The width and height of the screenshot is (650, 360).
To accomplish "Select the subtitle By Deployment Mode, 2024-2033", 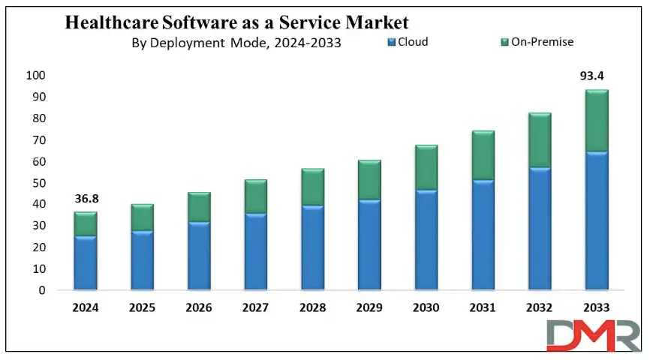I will (x=236, y=43).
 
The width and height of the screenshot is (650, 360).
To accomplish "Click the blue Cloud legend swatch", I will (x=391, y=43).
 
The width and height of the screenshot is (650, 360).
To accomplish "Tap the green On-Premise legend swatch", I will (x=504, y=43).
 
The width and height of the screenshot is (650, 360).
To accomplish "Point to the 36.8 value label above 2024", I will (x=86, y=199).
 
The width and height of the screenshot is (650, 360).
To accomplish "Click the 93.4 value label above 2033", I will (x=597, y=76).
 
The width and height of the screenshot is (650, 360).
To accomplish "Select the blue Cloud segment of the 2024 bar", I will (x=86, y=262).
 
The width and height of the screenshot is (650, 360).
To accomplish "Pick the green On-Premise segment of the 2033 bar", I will (x=597, y=121).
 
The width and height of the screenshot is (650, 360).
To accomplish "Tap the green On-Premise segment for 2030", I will (x=426, y=167).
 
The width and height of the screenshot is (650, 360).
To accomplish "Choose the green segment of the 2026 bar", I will (x=199, y=207).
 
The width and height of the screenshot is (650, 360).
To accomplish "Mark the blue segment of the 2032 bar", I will (x=540, y=228).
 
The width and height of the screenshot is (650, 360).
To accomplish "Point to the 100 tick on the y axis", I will (x=35, y=76).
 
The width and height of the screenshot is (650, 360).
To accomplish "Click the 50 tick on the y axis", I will (x=38, y=183).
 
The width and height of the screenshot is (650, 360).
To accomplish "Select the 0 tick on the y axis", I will (x=42, y=290).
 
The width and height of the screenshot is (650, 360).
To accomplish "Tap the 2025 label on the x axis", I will (x=143, y=307).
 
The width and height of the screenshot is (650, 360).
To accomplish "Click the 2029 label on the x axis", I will (x=369, y=307).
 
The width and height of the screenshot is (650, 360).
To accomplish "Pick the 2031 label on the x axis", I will (x=483, y=307).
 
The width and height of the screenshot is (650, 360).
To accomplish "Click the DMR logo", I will (x=594, y=334).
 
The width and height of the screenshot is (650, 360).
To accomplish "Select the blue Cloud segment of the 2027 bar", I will (x=256, y=251).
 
